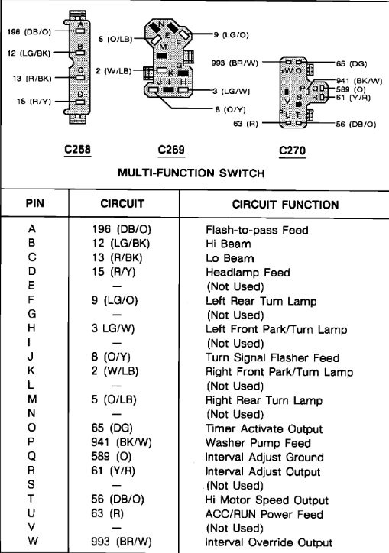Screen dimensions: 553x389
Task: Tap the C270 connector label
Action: [293, 150]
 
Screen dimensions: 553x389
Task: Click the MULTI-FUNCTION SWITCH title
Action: [191, 173]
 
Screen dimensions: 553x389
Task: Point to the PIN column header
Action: [35, 204]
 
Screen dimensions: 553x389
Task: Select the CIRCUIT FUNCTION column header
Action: [285, 204]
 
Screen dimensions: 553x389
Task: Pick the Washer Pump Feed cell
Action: [248, 442]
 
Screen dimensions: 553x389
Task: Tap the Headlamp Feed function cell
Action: [242, 272]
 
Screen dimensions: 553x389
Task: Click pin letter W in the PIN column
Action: [31, 542]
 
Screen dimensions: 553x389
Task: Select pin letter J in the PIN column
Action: [31, 357]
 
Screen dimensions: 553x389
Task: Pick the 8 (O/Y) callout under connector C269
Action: [230, 109]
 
